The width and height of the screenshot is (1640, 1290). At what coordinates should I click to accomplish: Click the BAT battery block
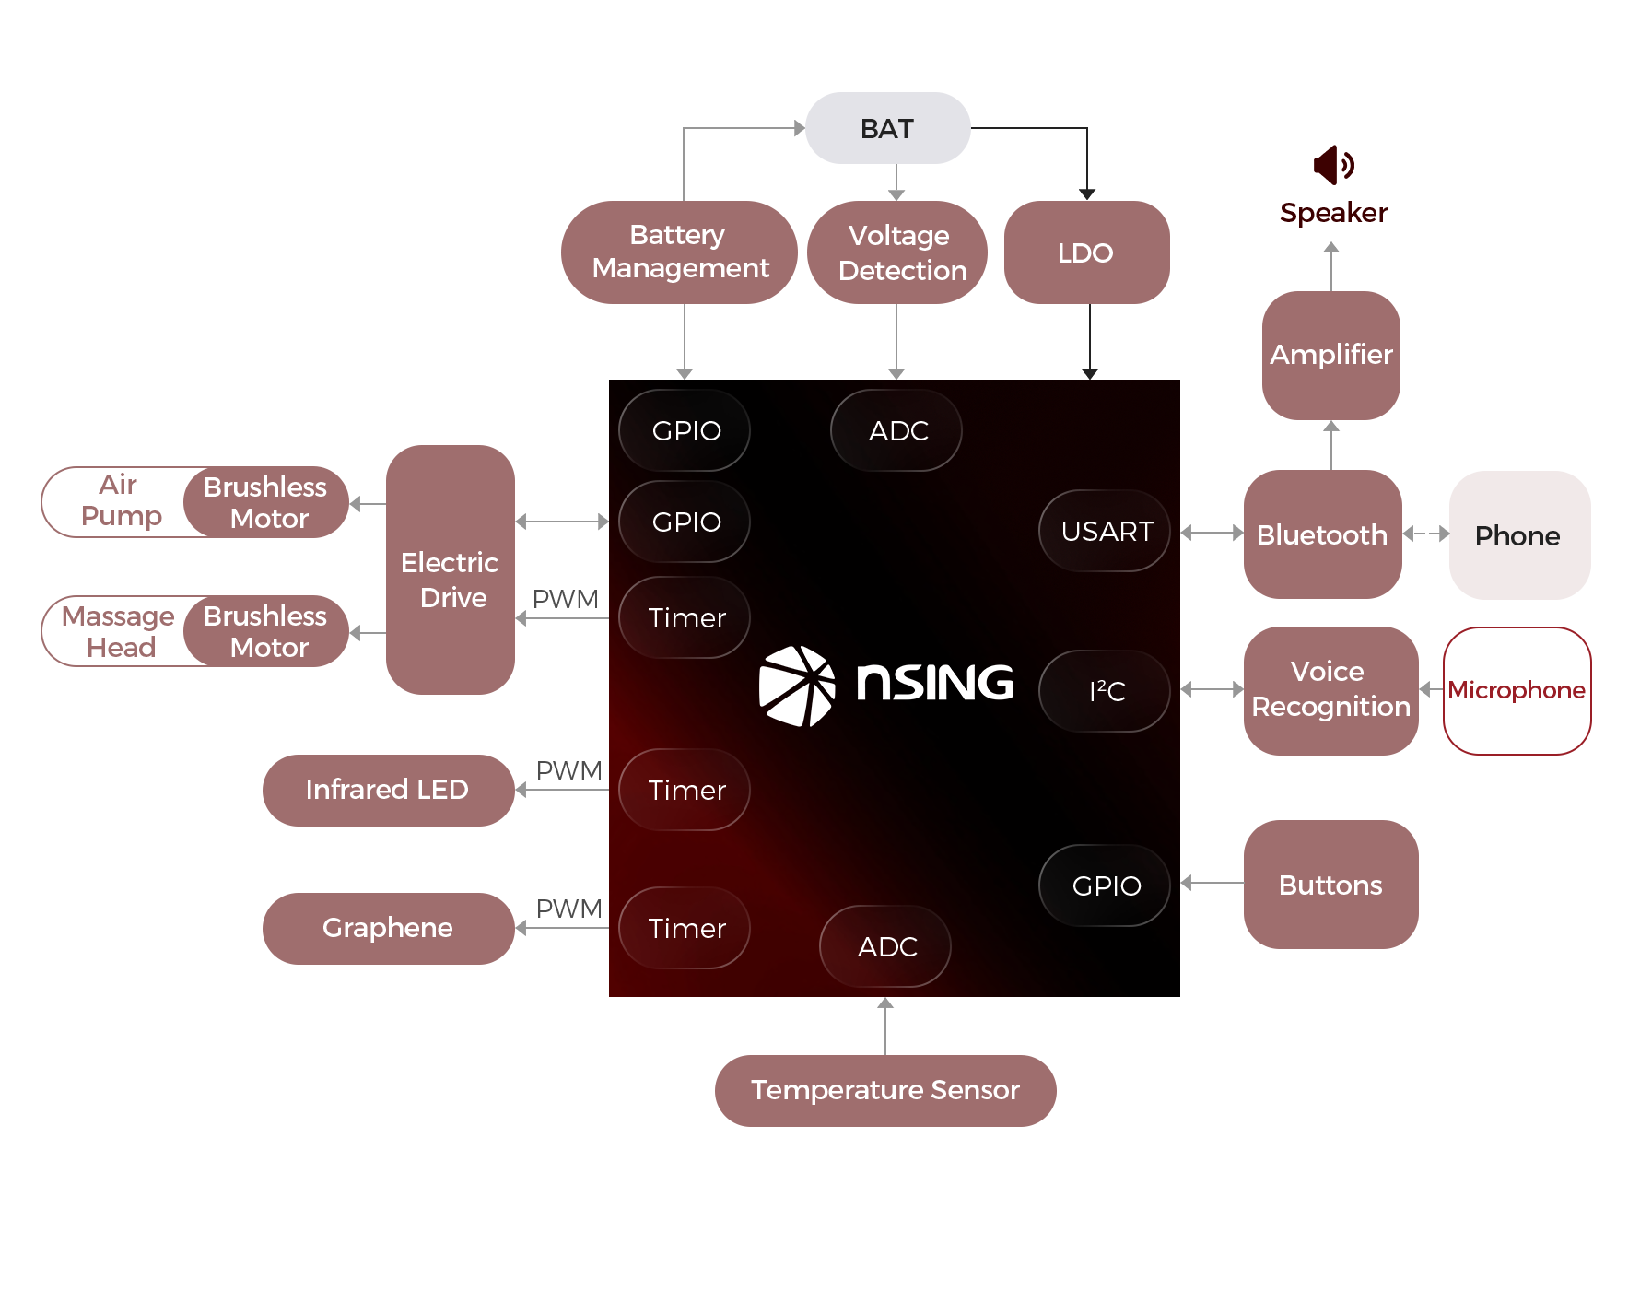tap(887, 128)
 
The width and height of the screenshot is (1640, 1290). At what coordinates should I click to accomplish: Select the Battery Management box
tap(679, 252)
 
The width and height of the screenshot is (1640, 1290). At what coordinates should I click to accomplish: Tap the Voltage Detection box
tap(897, 252)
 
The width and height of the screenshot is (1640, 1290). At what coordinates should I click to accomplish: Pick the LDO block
tap(1086, 252)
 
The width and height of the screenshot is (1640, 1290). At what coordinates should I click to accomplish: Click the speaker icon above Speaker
tap(1332, 165)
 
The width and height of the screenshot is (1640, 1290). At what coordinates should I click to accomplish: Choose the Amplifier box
tap(1331, 355)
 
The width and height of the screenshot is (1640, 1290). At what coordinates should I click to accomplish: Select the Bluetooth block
tap(1322, 534)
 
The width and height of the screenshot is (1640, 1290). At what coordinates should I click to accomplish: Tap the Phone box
tap(1518, 535)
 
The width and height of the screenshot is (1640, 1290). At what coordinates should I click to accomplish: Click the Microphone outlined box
tap(1517, 690)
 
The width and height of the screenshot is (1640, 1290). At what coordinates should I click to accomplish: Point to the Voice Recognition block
tap(1330, 690)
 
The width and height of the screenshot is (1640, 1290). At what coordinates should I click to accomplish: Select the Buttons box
tap(1330, 885)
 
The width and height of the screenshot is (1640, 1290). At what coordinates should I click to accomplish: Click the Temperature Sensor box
tap(884, 1090)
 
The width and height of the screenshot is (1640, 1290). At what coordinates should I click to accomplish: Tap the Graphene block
tap(388, 928)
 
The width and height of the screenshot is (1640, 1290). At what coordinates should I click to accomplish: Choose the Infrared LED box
tap(388, 790)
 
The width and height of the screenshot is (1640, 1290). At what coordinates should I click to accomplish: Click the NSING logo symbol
tap(796, 686)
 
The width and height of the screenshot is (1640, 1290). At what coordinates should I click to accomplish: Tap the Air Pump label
tap(120, 500)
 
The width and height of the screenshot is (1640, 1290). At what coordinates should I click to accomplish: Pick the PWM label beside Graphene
tap(568, 909)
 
